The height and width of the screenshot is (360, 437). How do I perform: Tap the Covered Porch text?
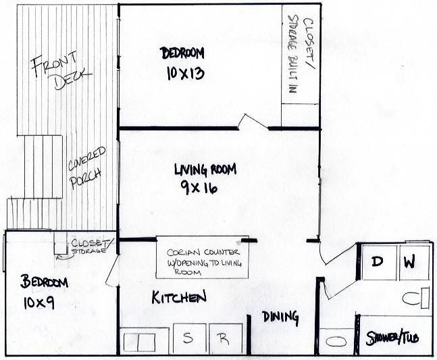click(86, 168)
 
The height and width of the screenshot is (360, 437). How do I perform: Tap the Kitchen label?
click(178, 297)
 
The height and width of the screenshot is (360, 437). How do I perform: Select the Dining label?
click(280, 316)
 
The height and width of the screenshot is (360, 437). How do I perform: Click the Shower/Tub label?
click(392, 338)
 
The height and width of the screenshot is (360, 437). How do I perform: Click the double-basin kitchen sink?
click(138, 342)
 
